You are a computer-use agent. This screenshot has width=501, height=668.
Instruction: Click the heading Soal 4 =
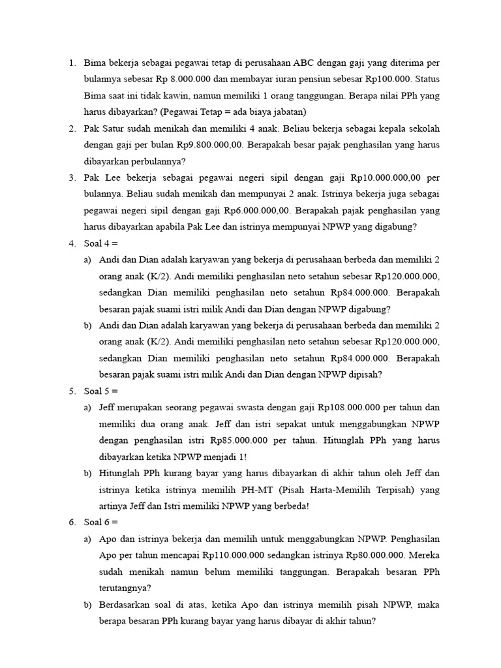click(x=100, y=243)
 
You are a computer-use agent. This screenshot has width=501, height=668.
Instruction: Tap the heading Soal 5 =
click(x=100, y=391)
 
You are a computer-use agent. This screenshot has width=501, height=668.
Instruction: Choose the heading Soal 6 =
click(x=100, y=522)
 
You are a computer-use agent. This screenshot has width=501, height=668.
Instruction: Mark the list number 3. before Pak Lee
click(x=72, y=177)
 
